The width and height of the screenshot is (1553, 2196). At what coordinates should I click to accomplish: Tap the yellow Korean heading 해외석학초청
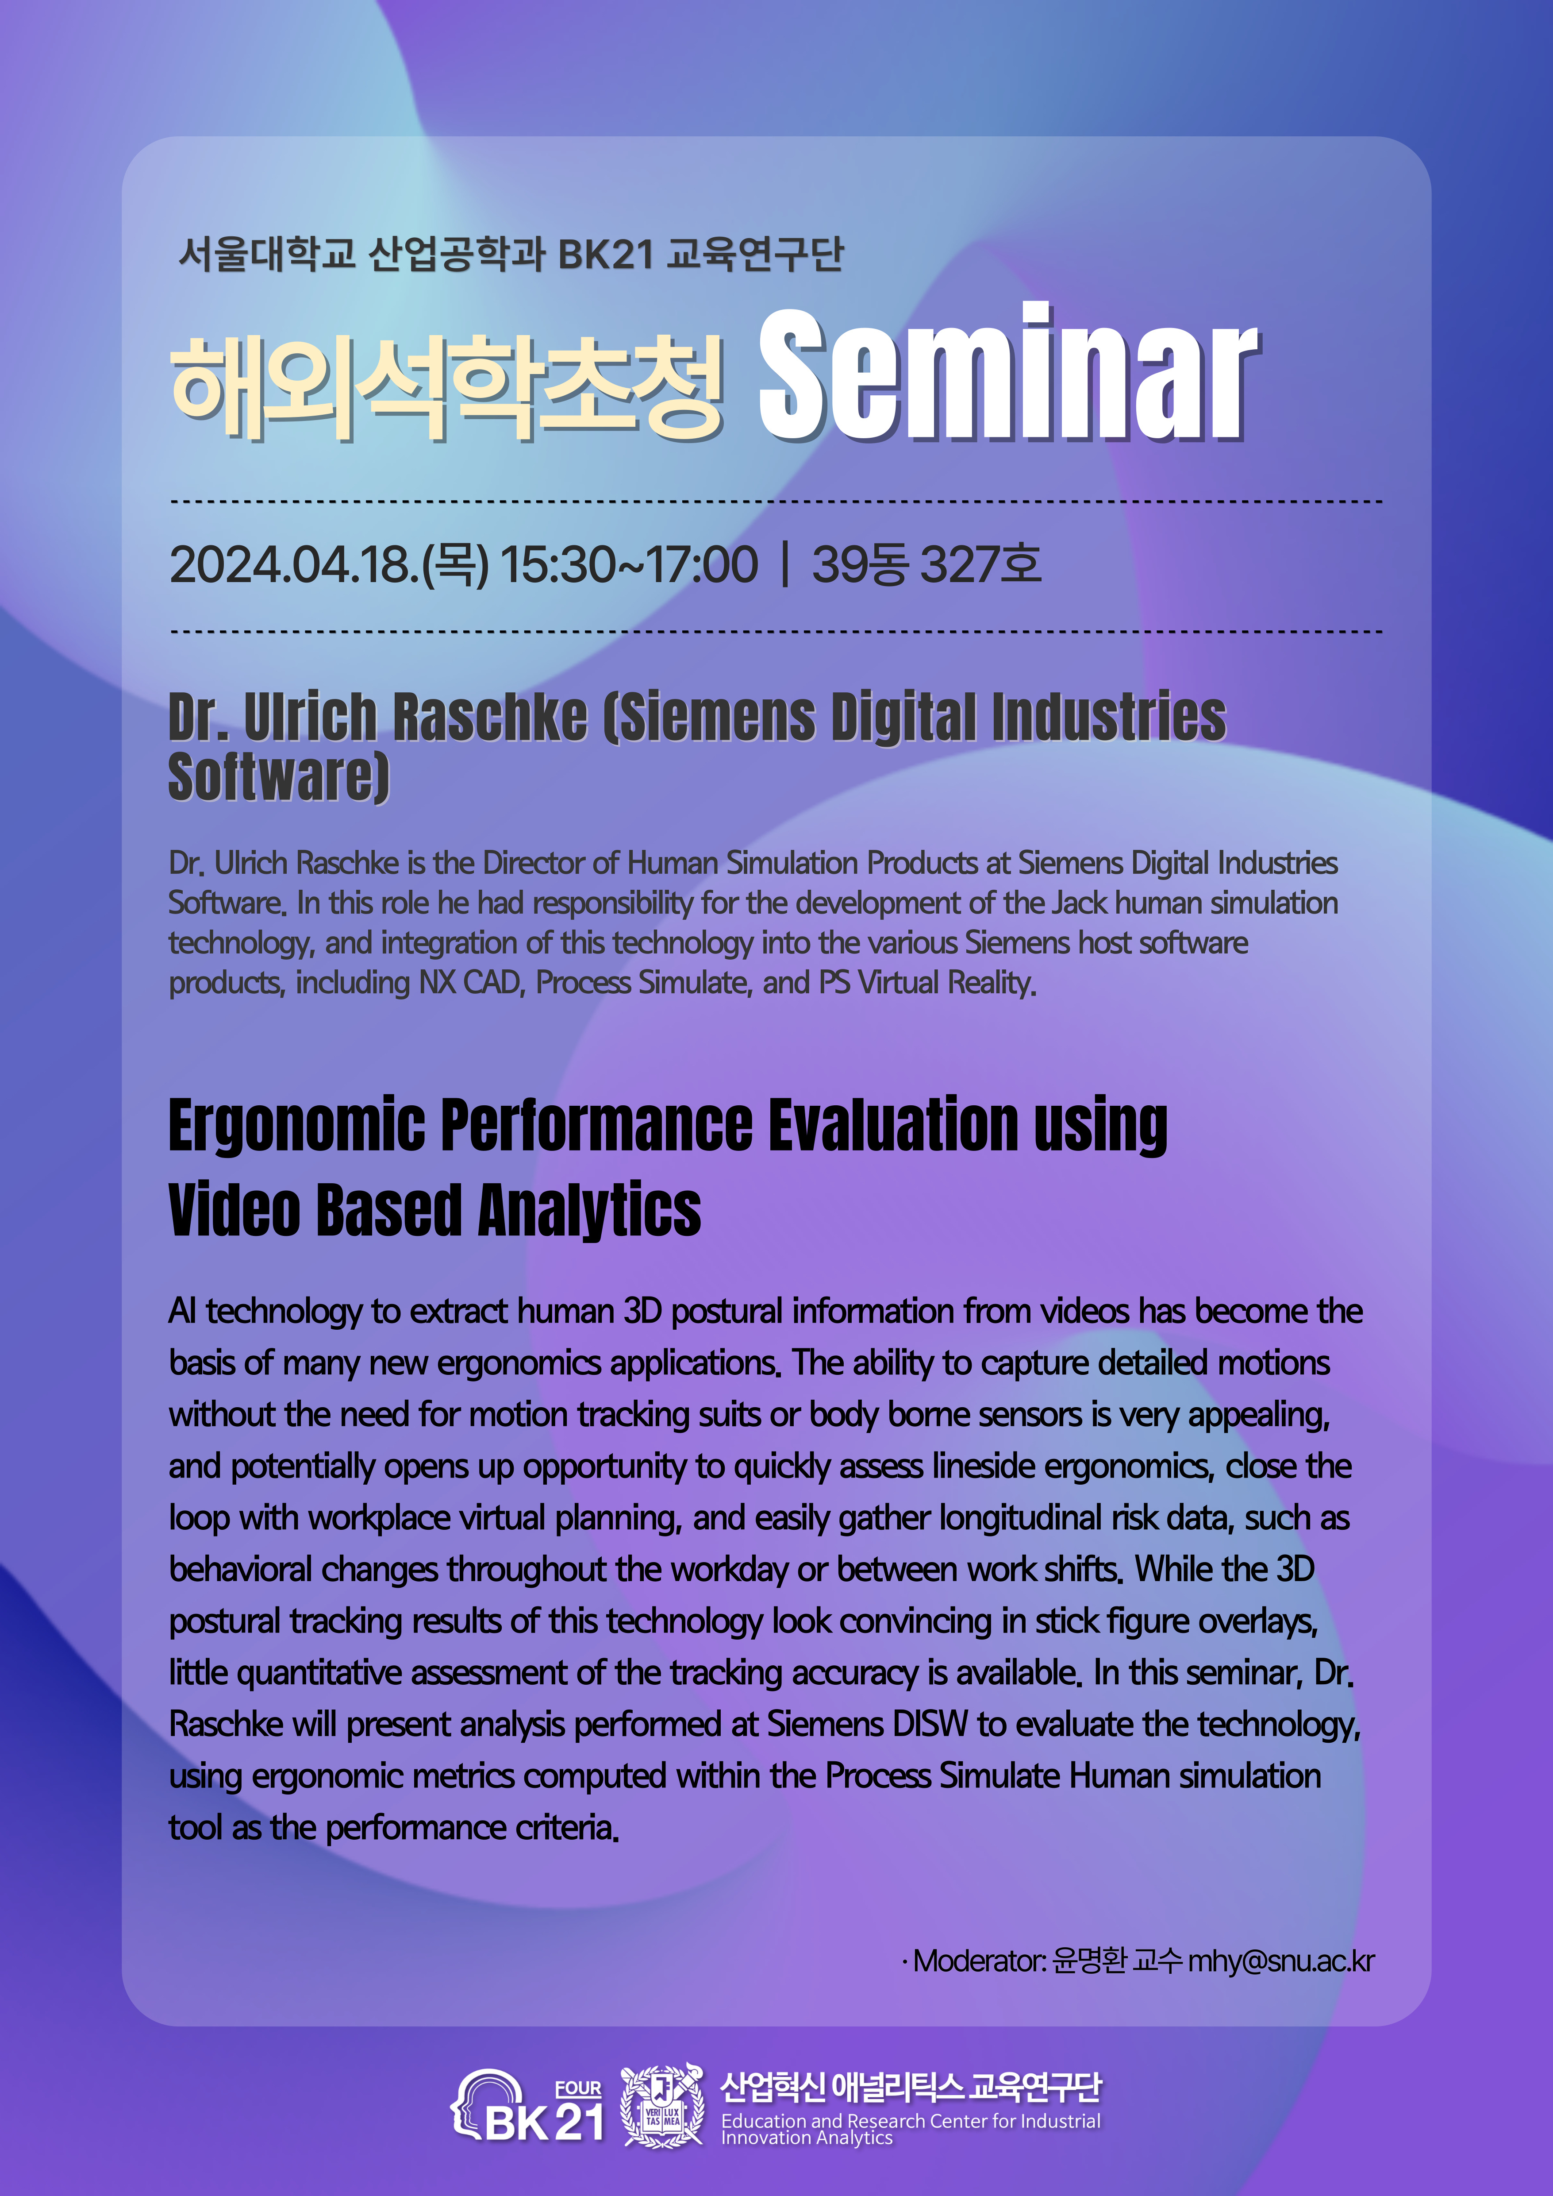(x=446, y=387)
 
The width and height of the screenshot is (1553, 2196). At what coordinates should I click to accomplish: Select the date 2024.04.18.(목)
(x=329, y=564)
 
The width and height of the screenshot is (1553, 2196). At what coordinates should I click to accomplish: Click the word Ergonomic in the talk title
(x=296, y=1126)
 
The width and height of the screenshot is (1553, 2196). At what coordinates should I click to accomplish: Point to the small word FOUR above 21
(x=579, y=2089)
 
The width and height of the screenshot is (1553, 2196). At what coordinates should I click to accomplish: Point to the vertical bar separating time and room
(x=785, y=564)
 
